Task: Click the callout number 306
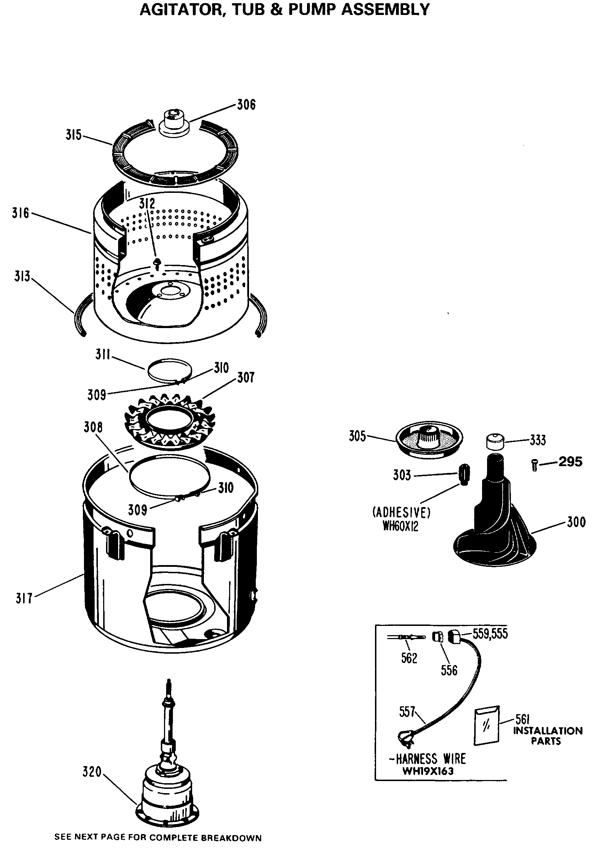click(246, 105)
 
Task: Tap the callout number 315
click(73, 135)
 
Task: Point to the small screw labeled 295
click(534, 465)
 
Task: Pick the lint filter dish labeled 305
click(429, 438)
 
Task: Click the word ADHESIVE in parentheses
click(401, 513)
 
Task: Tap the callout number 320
click(92, 772)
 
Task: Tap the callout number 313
click(22, 276)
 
